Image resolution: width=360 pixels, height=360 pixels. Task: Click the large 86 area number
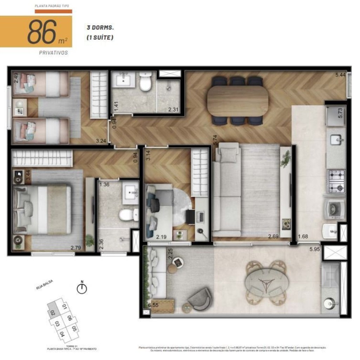tap(42, 32)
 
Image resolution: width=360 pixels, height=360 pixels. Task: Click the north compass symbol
tap(82, 288)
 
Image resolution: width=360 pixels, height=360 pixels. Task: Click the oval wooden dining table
tap(238, 101)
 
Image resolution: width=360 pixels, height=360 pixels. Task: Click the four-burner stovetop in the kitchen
tap(336, 181)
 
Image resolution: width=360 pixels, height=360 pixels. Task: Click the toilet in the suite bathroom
tap(128, 214)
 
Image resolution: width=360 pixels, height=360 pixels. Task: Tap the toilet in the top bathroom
tap(145, 82)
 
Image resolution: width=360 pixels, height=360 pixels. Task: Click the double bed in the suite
tap(42, 210)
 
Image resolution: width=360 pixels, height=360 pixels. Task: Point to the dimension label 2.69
tap(273, 236)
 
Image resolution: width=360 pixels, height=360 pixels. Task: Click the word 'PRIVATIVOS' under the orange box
tap(53, 53)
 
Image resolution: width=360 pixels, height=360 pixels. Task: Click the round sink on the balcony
tap(330, 304)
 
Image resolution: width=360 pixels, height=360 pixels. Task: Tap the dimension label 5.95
tap(315, 250)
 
